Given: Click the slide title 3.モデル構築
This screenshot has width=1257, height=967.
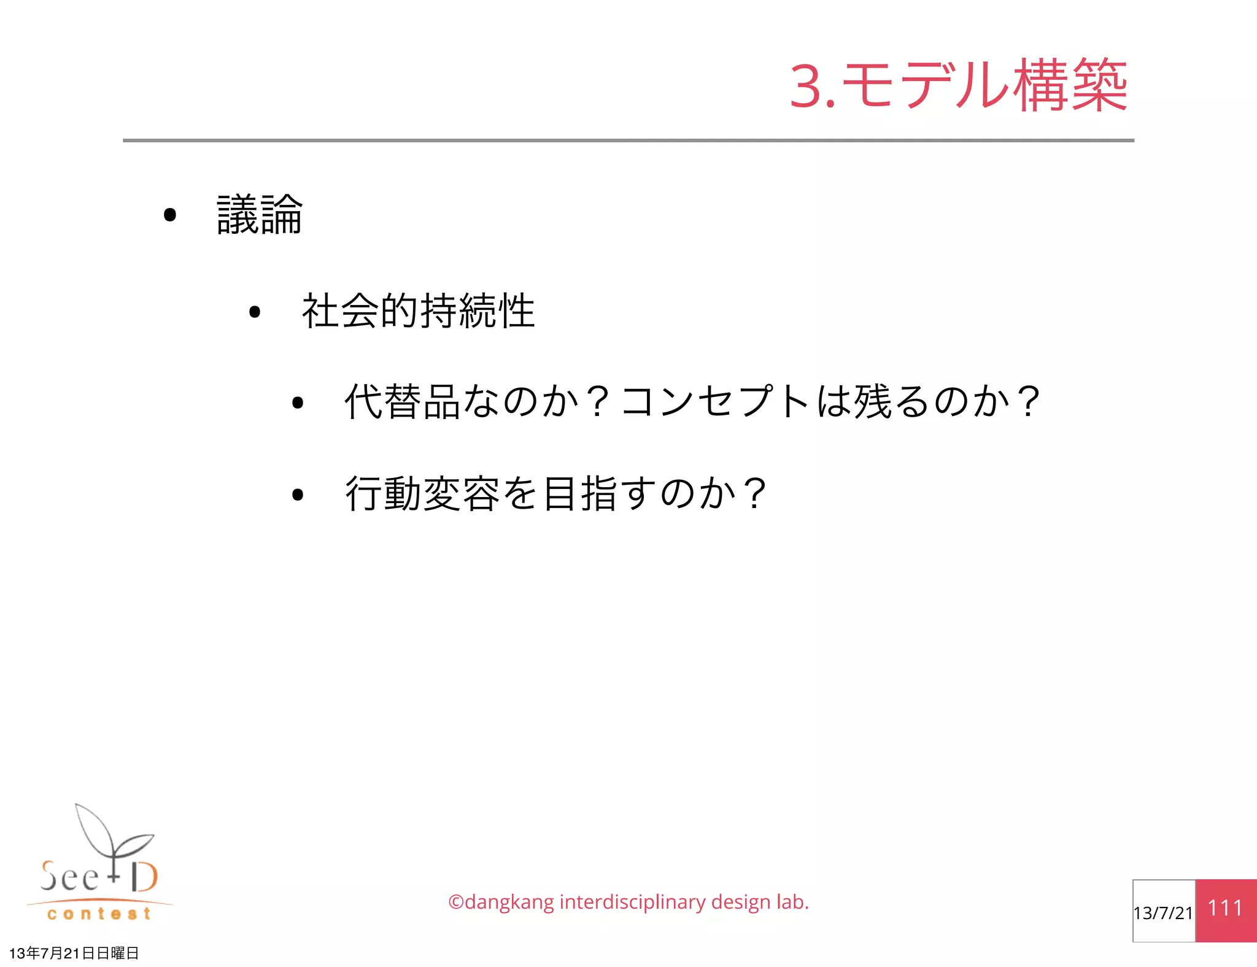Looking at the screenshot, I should pos(958,86).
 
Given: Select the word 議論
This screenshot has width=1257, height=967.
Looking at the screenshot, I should pos(260,215).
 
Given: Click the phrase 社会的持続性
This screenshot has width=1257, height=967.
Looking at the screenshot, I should pos(418,311).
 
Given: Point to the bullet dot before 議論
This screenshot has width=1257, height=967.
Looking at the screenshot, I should pos(170,215).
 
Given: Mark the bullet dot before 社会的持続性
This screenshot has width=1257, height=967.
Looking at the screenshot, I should pos(255,312).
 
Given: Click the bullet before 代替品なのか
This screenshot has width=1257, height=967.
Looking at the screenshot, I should pos(298,403).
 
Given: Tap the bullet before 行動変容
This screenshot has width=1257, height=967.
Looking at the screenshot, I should pos(298,494).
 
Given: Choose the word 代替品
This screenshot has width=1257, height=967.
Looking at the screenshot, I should pos(402,402).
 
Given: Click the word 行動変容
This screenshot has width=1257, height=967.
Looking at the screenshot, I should pos(422,493).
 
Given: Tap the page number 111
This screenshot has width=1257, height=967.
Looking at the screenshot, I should pos(1225,908).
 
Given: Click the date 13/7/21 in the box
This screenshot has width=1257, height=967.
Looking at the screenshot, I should pos(1163,913).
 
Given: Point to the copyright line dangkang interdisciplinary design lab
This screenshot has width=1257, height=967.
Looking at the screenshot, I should pos(628,902).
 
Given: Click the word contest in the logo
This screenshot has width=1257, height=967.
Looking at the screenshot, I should pos(99,914).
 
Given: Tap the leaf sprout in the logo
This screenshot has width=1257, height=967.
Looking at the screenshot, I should pos(110,831).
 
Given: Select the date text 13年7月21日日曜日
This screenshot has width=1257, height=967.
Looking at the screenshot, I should pos(74,953).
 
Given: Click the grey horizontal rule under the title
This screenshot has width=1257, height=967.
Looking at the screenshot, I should pos(628,141).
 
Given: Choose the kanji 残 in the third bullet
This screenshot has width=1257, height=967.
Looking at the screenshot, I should pos(872,402).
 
